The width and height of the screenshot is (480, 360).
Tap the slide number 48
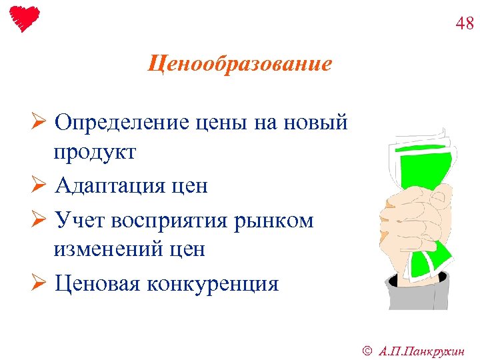pos(465,24)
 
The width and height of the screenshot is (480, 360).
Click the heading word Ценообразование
pos(239,65)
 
